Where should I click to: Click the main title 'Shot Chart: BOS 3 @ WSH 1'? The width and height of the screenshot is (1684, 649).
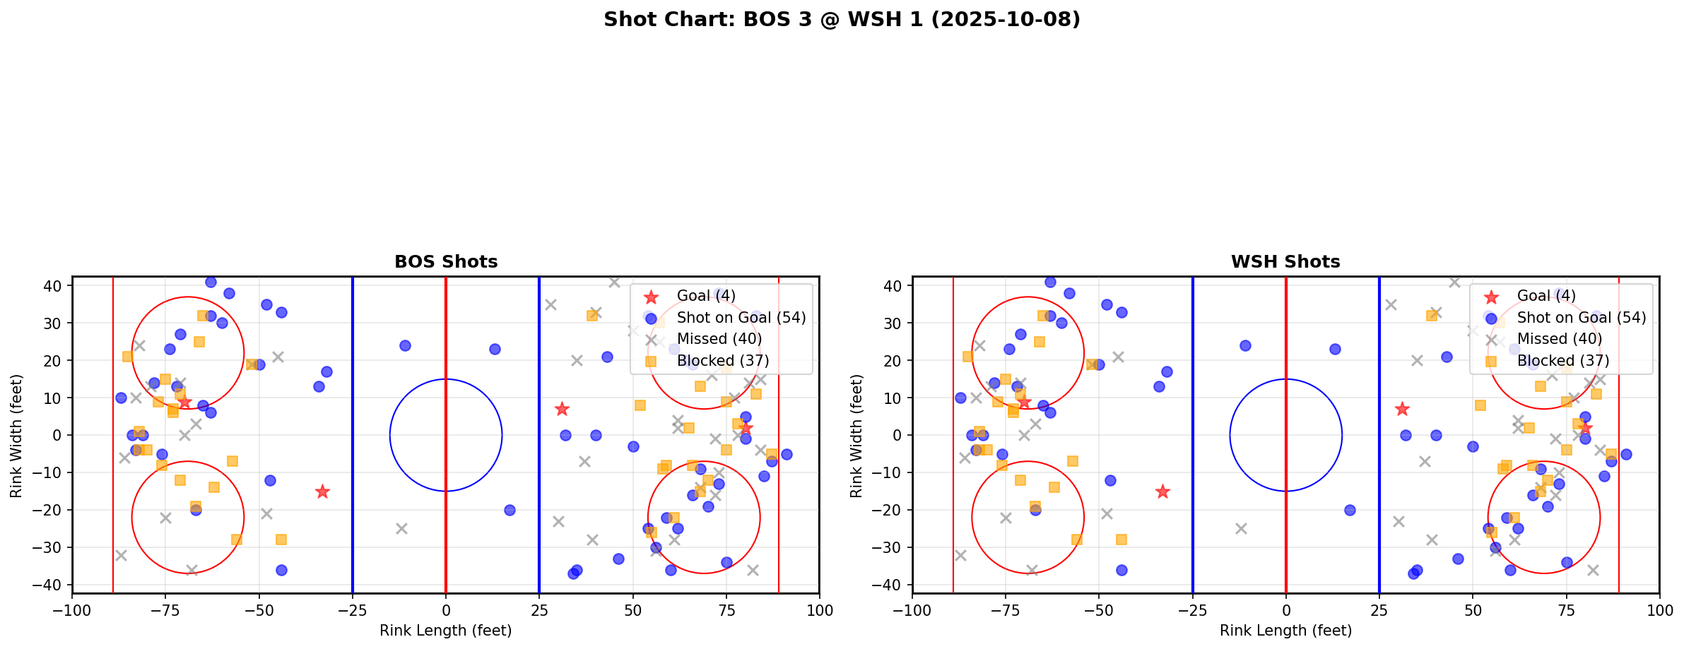[x=842, y=20]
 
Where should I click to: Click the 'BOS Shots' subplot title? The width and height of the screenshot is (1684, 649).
[x=446, y=262]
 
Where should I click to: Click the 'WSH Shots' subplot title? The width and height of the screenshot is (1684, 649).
[x=1285, y=262]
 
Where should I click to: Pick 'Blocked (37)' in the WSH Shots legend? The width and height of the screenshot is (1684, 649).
[x=1562, y=361]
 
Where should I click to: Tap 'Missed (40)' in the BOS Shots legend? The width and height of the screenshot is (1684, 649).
[x=719, y=339]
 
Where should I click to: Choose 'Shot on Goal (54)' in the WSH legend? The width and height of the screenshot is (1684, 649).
[x=1581, y=318]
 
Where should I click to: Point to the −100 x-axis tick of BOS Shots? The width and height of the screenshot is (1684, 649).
[x=72, y=610]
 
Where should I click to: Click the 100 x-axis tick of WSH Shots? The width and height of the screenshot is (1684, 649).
[x=1659, y=610]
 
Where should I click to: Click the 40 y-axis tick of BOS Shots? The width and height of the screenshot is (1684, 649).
[x=54, y=286]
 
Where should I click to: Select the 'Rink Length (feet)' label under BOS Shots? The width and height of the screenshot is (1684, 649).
[x=446, y=631]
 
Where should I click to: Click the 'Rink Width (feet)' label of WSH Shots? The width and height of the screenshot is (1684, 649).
[x=856, y=435]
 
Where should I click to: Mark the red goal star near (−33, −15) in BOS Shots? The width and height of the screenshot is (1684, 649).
[x=322, y=492]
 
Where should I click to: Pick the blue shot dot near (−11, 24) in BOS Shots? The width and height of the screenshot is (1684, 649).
[x=405, y=345]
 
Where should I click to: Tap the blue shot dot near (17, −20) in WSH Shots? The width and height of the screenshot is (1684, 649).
[x=1350, y=510]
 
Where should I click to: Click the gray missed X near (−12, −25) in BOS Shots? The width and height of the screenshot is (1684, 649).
[x=401, y=528]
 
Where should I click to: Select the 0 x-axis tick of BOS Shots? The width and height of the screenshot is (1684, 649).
[x=446, y=610]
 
